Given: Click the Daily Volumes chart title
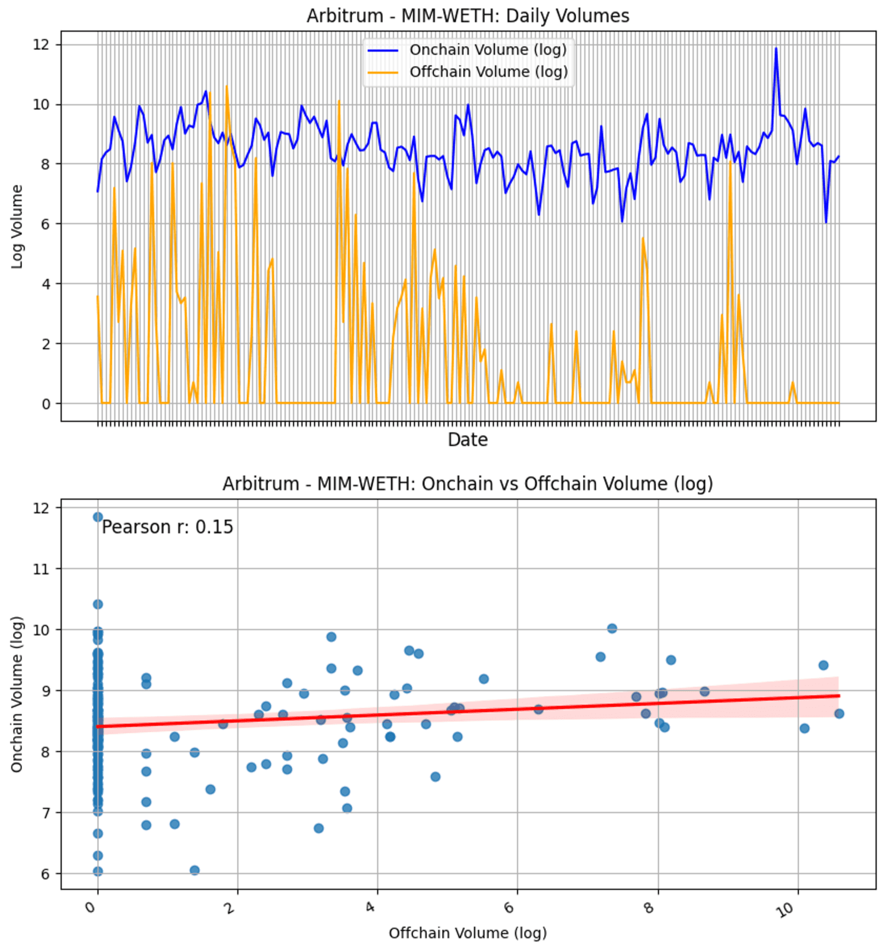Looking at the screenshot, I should pyautogui.click(x=467, y=15).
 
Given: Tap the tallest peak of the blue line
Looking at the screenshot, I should pyautogui.click(x=776, y=49).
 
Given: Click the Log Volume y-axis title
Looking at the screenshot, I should pyautogui.click(x=17, y=227).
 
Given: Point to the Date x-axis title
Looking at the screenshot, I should pyautogui.click(x=467, y=440).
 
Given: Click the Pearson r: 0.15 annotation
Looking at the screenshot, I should pyautogui.click(x=167, y=527).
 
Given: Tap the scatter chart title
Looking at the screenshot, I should pyautogui.click(x=467, y=483).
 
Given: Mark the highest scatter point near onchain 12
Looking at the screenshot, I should pyautogui.click(x=98, y=517).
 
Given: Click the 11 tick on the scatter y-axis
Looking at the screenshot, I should pyautogui.click(x=40, y=569).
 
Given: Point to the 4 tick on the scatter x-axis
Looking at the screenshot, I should pyautogui.click(x=371, y=907).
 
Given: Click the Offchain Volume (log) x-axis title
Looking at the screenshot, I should pyautogui.click(x=467, y=933).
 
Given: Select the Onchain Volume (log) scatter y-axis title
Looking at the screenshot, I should pyautogui.click(x=17, y=694).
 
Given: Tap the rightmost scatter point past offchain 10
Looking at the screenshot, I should pyautogui.click(x=839, y=714).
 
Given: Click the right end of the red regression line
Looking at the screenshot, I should pyautogui.click(x=839, y=696).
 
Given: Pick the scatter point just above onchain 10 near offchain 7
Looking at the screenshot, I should pyautogui.click(x=611, y=628).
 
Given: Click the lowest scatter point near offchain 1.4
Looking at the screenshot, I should pyautogui.click(x=195, y=870).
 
